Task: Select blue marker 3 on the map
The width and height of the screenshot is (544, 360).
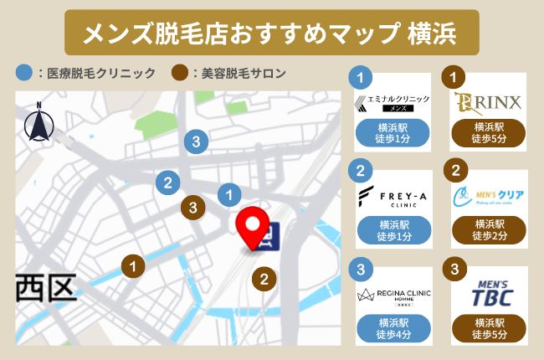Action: click(196, 141)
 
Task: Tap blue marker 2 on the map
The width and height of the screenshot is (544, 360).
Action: click(168, 182)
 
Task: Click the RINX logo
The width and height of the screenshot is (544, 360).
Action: click(489, 102)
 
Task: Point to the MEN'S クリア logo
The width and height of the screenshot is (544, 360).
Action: click(489, 198)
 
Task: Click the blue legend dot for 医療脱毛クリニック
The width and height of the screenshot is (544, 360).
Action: click(24, 73)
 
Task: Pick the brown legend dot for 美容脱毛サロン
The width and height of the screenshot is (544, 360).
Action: click(178, 73)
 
